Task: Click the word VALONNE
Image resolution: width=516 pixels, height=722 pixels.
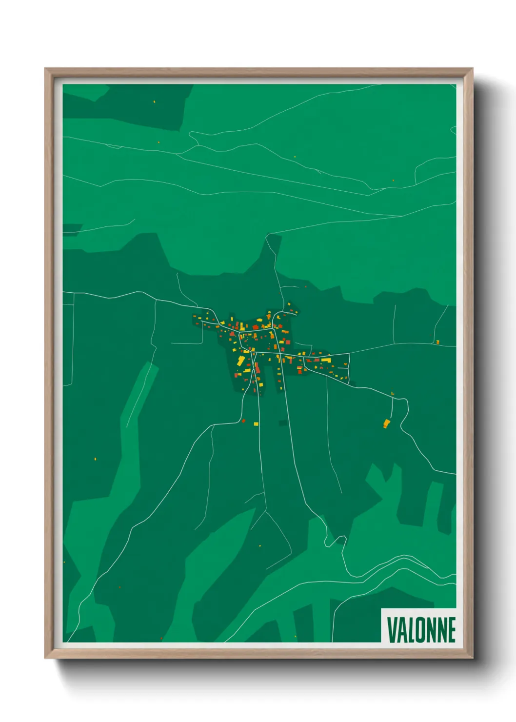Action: tap(421, 630)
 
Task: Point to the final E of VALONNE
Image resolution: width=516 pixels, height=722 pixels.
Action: tap(451, 630)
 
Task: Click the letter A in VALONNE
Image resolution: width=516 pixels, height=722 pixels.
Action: tap(401, 630)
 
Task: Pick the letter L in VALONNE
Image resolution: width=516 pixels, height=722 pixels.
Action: tap(410, 630)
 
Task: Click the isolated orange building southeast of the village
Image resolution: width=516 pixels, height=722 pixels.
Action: tap(387, 423)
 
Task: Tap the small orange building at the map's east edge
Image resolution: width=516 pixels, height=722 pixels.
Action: tap(438, 342)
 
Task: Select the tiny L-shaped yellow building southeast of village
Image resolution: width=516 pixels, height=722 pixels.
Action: tap(392, 393)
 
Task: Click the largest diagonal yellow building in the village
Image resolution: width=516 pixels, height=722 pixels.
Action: tap(240, 361)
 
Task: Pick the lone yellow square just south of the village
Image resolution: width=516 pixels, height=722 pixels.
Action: tap(256, 423)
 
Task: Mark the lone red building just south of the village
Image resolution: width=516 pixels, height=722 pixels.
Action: tap(243, 421)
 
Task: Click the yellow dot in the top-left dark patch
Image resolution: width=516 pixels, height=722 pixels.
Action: tap(154, 101)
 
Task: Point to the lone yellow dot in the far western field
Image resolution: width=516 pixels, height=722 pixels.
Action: tap(95, 459)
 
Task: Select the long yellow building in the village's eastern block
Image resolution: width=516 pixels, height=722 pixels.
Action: tap(326, 360)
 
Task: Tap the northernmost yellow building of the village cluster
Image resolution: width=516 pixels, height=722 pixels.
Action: tap(289, 304)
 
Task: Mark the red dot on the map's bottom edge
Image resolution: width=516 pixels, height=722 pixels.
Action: tap(161, 638)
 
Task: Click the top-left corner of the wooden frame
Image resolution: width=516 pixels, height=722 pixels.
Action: tap(45, 69)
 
